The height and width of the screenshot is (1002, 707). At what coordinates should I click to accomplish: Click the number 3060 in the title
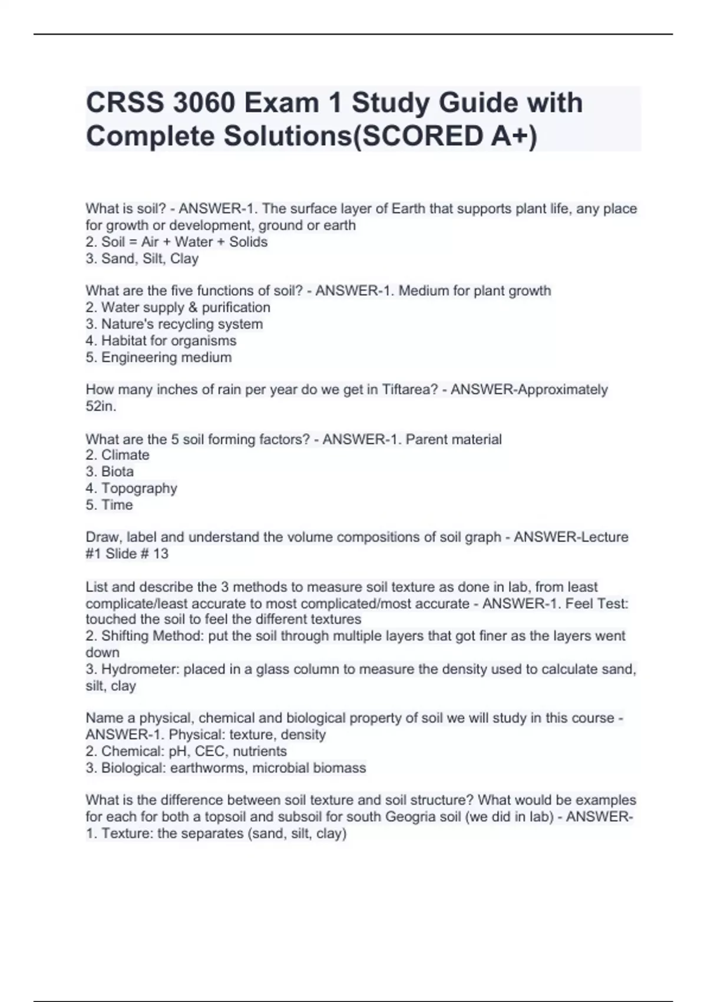tap(204, 103)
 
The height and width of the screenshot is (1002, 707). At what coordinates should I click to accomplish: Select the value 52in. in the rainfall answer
tap(101, 406)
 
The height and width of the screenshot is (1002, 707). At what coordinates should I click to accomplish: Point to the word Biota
tap(117, 472)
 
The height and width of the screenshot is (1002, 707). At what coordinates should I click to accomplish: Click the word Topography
tap(139, 488)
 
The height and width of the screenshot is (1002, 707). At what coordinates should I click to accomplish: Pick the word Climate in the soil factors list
tap(125, 455)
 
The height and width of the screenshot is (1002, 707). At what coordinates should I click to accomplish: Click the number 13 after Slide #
tap(160, 553)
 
